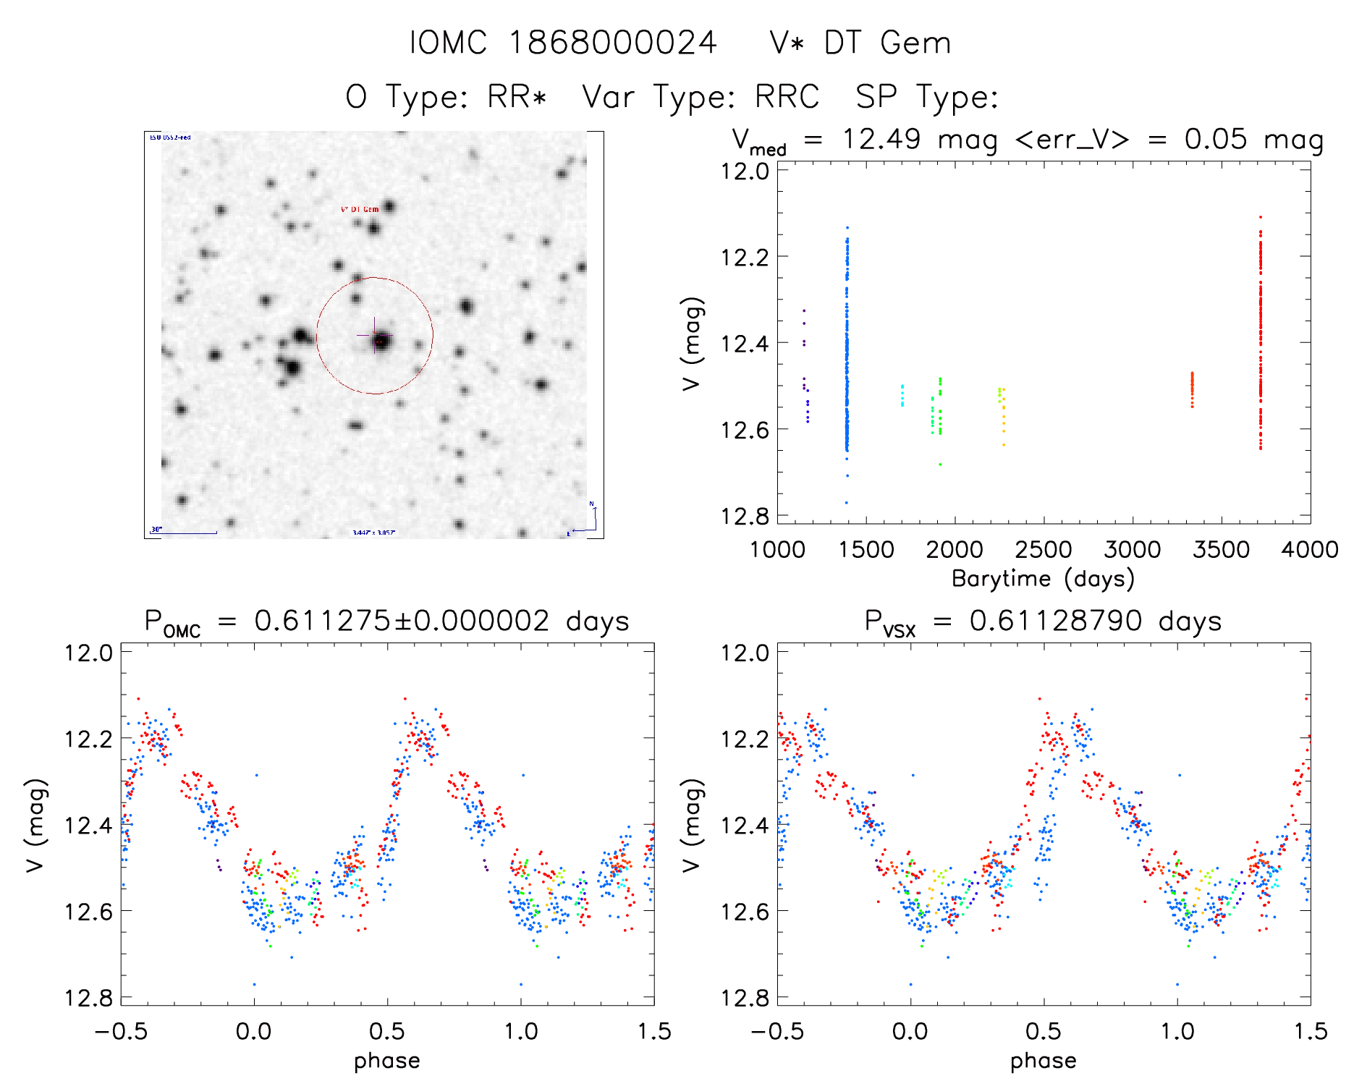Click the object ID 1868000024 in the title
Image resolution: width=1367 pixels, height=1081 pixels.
click(x=612, y=43)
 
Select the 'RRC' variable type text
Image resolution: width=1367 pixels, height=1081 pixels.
click(x=787, y=97)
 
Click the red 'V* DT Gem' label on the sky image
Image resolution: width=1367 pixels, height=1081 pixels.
click(x=360, y=209)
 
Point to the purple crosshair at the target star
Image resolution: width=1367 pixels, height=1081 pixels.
click(x=374, y=335)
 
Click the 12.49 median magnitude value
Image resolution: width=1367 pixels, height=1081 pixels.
click(x=881, y=139)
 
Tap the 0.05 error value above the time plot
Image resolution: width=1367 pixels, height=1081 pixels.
click(x=1216, y=139)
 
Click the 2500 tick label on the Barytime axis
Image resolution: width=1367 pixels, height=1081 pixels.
click(x=1044, y=550)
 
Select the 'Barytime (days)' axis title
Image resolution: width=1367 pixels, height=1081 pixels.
click(x=1043, y=578)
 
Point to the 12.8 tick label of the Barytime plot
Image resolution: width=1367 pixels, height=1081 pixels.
click(x=745, y=516)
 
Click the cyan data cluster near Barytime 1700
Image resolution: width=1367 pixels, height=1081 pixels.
click(x=902, y=395)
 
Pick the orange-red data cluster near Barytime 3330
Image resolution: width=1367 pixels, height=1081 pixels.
click(x=1192, y=389)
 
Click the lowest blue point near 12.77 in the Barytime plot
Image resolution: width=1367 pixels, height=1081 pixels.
click(x=846, y=503)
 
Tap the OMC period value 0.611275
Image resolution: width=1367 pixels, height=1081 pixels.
click(x=321, y=621)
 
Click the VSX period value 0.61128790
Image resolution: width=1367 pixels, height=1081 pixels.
click(x=1056, y=621)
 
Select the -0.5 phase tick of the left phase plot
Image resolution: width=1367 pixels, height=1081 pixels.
click(x=121, y=1031)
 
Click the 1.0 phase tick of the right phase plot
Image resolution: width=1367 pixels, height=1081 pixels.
click(x=1177, y=1031)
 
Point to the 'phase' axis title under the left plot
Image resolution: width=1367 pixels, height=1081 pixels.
click(x=387, y=1061)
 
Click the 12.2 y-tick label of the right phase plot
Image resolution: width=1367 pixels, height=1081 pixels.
click(x=745, y=739)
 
